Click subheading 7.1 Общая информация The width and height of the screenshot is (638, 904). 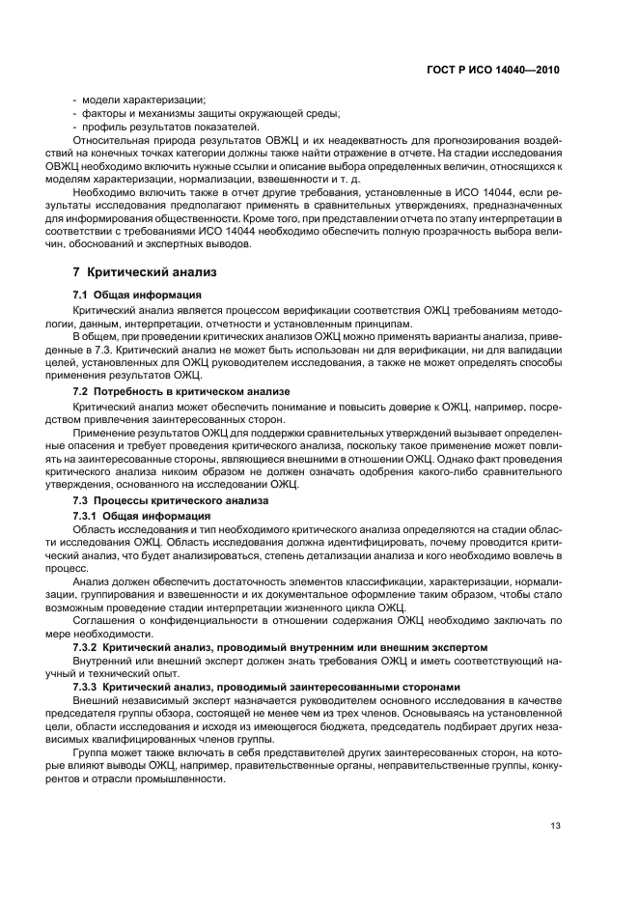[137, 294]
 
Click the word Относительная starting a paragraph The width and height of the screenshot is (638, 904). [111, 141]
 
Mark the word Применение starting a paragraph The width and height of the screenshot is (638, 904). [106, 433]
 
